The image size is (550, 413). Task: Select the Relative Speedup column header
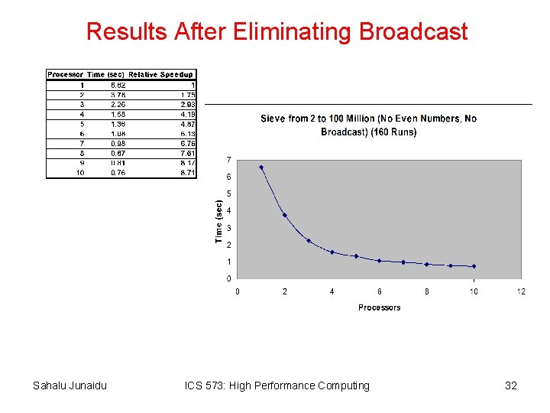(161, 74)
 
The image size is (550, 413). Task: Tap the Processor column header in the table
(66, 74)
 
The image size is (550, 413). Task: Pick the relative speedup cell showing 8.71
(188, 173)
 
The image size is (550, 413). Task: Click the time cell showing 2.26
(118, 104)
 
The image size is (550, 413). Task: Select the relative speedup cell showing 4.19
(188, 114)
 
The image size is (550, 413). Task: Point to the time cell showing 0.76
(118, 173)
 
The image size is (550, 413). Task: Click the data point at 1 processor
(261, 167)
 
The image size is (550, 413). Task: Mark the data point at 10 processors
(474, 266)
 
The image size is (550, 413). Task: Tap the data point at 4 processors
(332, 252)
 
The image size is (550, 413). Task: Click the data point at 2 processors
(285, 215)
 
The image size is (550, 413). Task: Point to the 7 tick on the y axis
(230, 160)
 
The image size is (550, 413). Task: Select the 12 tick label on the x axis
(521, 291)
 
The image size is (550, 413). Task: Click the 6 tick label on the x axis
(380, 291)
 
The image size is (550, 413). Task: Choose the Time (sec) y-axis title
(219, 222)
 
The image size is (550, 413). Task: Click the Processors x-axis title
(379, 307)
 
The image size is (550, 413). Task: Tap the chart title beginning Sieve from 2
(368, 125)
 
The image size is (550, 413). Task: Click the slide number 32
(511, 385)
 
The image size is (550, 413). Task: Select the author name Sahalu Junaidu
(70, 385)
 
